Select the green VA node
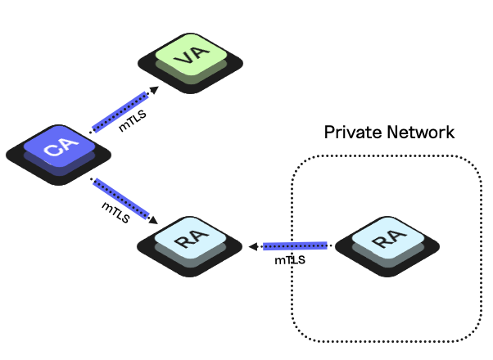189,60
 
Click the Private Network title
388,133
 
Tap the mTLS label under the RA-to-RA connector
292,260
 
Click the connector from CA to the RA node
123,199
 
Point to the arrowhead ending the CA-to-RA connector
155,218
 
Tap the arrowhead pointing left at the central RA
255,245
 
